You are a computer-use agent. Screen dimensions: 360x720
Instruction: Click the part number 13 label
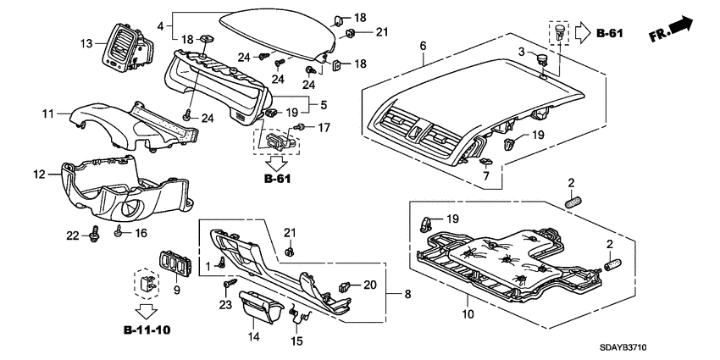pos(86,43)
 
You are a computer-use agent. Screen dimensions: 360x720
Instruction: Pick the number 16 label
pos(141,232)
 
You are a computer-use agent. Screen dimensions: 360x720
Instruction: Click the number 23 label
pos(225,304)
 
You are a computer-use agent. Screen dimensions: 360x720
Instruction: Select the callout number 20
pos(369,285)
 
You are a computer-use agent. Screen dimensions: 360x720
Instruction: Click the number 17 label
pos(323,128)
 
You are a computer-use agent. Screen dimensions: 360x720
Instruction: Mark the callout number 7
pos(486,174)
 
